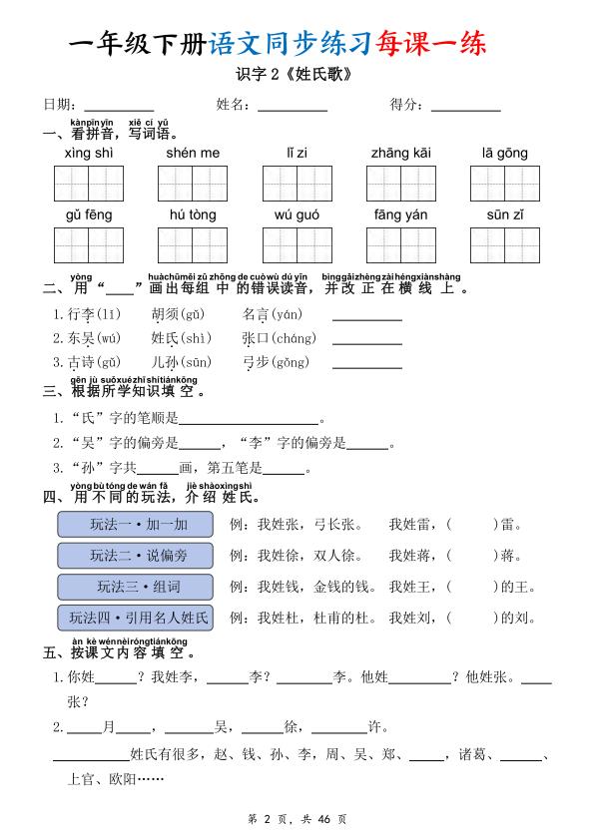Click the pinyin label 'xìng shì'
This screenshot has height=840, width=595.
(x=89, y=153)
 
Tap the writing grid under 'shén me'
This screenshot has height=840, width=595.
(x=193, y=184)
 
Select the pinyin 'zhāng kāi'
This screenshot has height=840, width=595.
(x=400, y=153)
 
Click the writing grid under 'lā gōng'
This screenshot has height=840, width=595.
(x=504, y=184)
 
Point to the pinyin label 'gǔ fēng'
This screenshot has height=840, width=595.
(x=89, y=214)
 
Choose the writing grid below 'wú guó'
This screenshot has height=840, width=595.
(x=297, y=245)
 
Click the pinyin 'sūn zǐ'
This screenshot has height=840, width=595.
(x=505, y=214)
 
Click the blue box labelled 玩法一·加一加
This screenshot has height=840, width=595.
(x=137, y=524)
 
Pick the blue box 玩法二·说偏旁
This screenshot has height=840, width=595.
(x=137, y=555)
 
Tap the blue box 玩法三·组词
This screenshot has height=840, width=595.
(x=137, y=586)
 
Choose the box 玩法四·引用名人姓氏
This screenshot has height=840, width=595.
(x=137, y=618)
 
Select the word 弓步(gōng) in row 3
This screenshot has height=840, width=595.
(x=276, y=362)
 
